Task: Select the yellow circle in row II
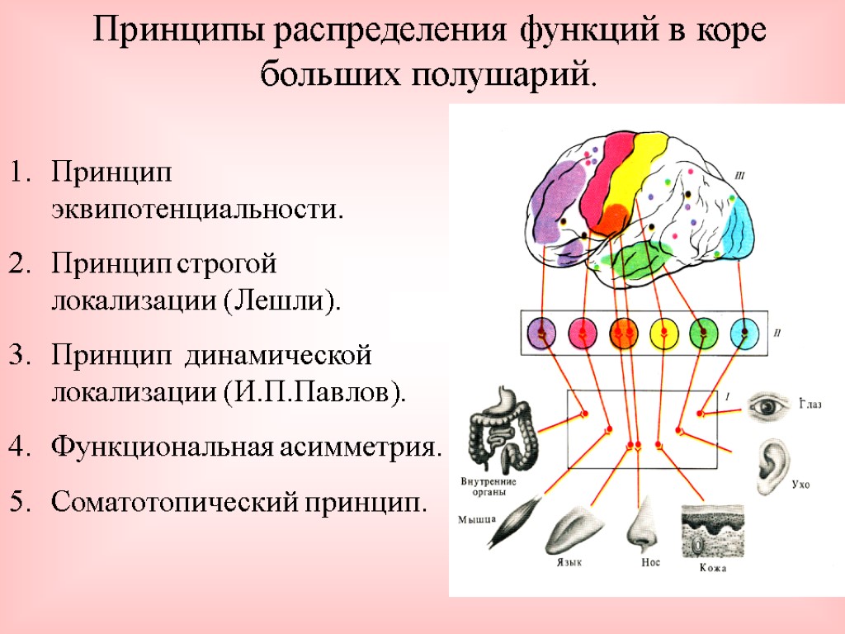point(664,333)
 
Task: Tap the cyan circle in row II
point(744,333)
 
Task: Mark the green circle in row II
point(704,333)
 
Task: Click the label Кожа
point(712,570)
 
